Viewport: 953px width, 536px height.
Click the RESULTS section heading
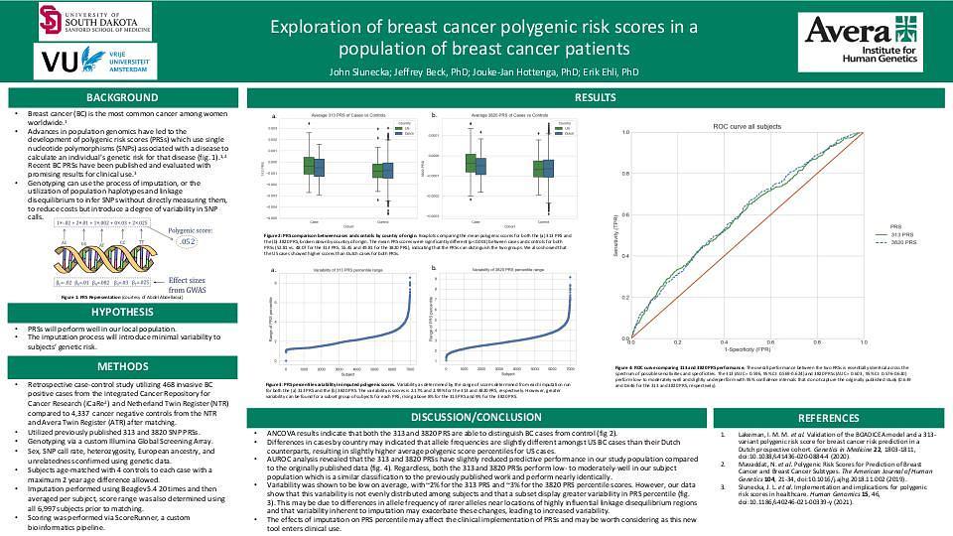coord(596,97)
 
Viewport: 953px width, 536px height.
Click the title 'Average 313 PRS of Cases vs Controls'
coord(335,117)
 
